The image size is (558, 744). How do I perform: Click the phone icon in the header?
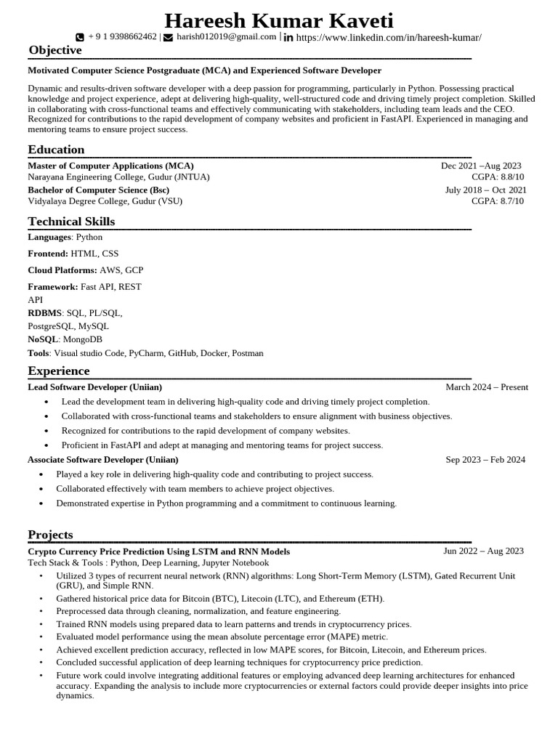click(x=80, y=37)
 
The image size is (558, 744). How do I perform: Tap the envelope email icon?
click(x=169, y=37)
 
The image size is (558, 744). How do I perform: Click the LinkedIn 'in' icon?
click(x=288, y=37)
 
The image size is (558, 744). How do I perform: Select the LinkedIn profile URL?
click(x=389, y=37)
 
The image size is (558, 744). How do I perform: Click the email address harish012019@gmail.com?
click(x=226, y=36)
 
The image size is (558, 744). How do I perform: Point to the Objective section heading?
click(x=55, y=50)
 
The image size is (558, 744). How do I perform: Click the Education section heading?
click(x=56, y=150)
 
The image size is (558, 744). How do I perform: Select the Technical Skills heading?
click(x=71, y=222)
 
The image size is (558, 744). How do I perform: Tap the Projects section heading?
click(x=50, y=535)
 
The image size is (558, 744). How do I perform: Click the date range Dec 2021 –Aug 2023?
click(x=480, y=166)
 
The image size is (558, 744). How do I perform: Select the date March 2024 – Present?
click(x=487, y=387)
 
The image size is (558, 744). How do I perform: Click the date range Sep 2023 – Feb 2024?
click(x=485, y=460)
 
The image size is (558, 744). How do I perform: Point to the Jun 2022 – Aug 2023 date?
click(x=483, y=551)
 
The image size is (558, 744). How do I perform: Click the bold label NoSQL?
click(x=43, y=339)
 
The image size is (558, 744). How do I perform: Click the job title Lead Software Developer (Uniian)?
click(x=94, y=387)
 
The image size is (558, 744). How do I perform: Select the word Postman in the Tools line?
click(x=247, y=353)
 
